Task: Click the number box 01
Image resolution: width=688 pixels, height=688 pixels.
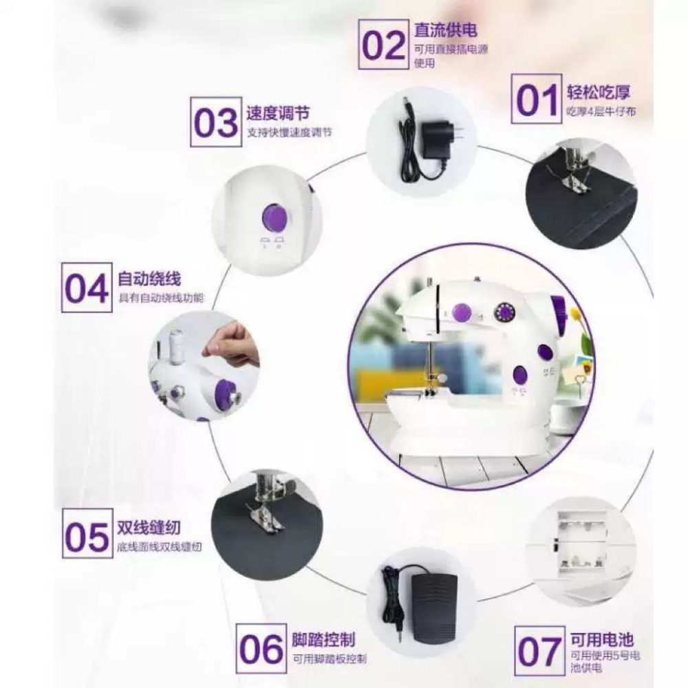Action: [x=536, y=99]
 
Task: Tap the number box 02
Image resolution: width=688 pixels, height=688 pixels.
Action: [x=384, y=45]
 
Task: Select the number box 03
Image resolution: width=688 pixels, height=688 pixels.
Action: [x=216, y=122]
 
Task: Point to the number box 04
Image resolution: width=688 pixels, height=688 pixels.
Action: [x=87, y=287]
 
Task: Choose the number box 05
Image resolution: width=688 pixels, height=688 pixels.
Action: [x=87, y=535]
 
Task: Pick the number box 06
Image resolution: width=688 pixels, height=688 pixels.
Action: [x=261, y=648]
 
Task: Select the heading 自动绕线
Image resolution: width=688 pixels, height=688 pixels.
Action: [x=149, y=279]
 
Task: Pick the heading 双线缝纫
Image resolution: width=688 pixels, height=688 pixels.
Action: [x=149, y=528]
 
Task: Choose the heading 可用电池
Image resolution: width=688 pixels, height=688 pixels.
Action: [x=601, y=638]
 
